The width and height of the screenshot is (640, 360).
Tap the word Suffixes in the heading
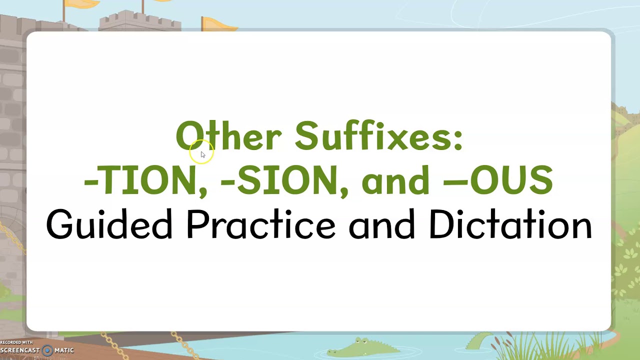click(372, 135)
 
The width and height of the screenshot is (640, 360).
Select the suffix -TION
click(140, 179)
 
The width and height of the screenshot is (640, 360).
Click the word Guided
click(109, 225)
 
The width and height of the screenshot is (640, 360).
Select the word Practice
click(260, 225)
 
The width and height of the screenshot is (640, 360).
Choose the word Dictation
click(510, 225)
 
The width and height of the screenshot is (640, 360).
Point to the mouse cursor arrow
click(202, 155)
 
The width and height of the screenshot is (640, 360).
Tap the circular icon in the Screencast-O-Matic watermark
click(47, 350)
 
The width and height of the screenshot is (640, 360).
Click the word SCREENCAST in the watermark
click(20, 350)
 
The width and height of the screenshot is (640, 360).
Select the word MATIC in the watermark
click(64, 350)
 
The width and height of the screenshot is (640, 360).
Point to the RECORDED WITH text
click(16, 342)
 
